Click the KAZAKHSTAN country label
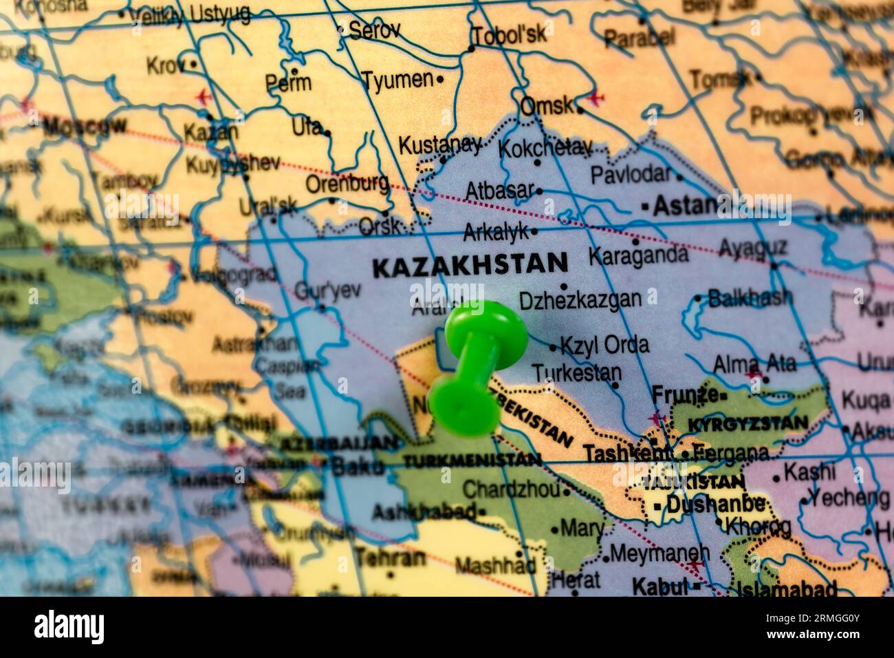tap(470, 264)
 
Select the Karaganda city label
tap(637, 255)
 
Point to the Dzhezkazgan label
tap(580, 299)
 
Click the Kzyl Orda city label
tap(604, 344)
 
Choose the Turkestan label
tap(577, 372)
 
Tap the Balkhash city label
tap(750, 298)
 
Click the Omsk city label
tap(547, 106)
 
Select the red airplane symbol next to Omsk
tap(596, 97)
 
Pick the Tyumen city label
tap(398, 80)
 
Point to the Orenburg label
tap(347, 184)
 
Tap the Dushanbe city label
tap(715, 505)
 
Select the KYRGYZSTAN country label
tap(747, 423)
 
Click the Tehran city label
tap(390, 558)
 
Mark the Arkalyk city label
tap(497, 233)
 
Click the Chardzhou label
tap(511, 489)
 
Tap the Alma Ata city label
tap(754, 363)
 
